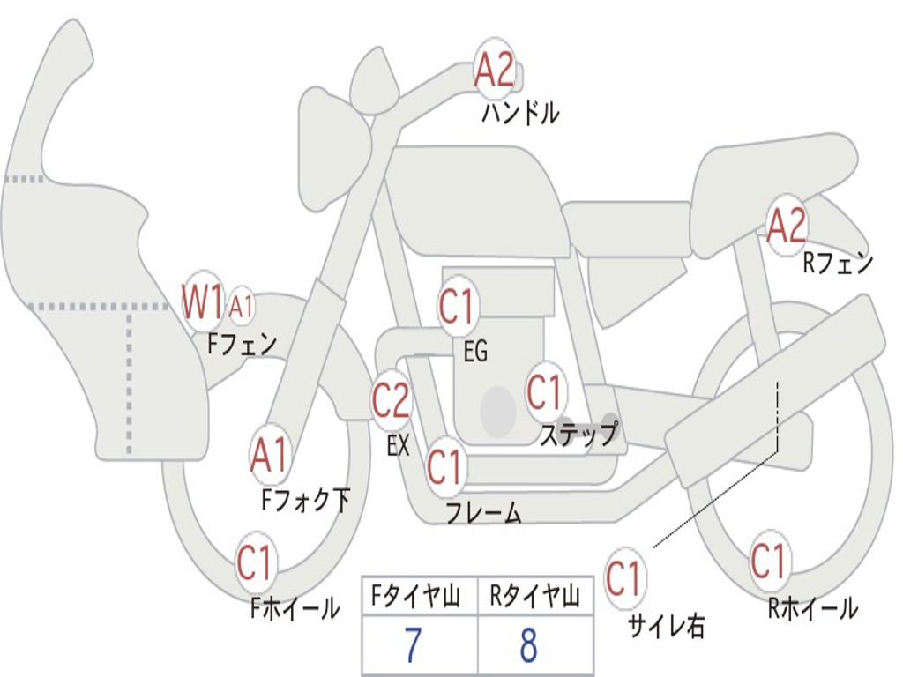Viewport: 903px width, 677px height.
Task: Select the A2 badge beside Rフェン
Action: (786, 227)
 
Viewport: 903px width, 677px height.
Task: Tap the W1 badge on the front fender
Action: (202, 302)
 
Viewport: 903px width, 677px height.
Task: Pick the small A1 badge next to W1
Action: (241, 308)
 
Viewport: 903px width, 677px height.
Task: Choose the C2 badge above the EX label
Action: (391, 401)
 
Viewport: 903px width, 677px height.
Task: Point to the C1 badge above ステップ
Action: (544, 391)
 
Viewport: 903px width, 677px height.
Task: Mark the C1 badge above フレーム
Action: (444, 465)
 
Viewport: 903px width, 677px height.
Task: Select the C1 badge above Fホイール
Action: (256, 563)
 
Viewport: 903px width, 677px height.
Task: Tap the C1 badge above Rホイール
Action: (768, 562)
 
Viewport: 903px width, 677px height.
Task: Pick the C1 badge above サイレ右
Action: (623, 579)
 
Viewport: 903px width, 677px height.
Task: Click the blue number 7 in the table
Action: (413, 646)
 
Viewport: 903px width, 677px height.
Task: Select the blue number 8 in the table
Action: (528, 646)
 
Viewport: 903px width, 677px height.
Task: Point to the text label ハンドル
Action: (520, 114)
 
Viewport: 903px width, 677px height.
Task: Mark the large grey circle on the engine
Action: (498, 410)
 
